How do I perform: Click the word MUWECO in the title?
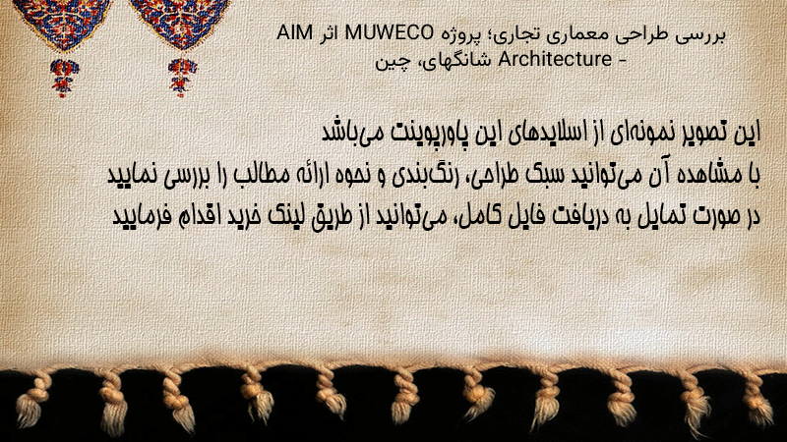[x=389, y=33]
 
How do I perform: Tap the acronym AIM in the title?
[x=294, y=33]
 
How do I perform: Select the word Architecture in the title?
[x=555, y=59]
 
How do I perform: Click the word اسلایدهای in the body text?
[x=552, y=134]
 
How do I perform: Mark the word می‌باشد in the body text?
[x=351, y=134]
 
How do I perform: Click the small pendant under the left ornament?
[x=64, y=78]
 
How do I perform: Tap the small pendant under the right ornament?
[x=182, y=78]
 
